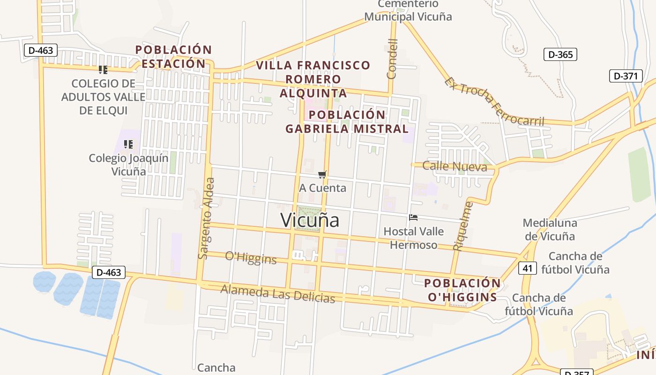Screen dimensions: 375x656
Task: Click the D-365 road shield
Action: pyautogui.click(x=560, y=54)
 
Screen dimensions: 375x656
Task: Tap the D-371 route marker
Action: pyautogui.click(x=626, y=76)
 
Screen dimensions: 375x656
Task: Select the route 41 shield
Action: pyautogui.click(x=527, y=268)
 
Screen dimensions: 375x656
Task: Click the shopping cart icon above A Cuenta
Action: pyautogui.click(x=322, y=174)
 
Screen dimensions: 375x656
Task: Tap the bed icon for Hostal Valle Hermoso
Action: pyautogui.click(x=413, y=217)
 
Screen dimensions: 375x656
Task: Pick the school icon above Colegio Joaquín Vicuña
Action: pyautogui.click(x=128, y=144)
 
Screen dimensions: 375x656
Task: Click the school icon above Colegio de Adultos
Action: pyautogui.click(x=103, y=70)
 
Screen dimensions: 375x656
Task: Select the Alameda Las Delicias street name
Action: pyautogui.click(x=277, y=293)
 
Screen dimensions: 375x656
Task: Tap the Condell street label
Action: pyautogui.click(x=392, y=59)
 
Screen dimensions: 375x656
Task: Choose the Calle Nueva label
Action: pyautogui.click(x=455, y=166)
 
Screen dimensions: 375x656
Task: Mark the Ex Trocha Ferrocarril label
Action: pyautogui.click(x=494, y=102)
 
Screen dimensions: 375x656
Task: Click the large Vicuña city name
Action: pyautogui.click(x=310, y=220)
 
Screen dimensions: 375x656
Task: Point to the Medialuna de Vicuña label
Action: pyautogui.click(x=550, y=229)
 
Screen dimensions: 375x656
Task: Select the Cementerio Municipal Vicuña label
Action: pyautogui.click(x=408, y=10)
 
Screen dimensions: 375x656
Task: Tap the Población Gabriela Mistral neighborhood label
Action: pyautogui.click(x=347, y=121)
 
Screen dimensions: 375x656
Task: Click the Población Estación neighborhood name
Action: pyautogui.click(x=173, y=56)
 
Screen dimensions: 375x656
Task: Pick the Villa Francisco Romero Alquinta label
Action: pyautogui.click(x=313, y=79)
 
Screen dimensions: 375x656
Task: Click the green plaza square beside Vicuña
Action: pyautogui.click(x=308, y=217)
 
